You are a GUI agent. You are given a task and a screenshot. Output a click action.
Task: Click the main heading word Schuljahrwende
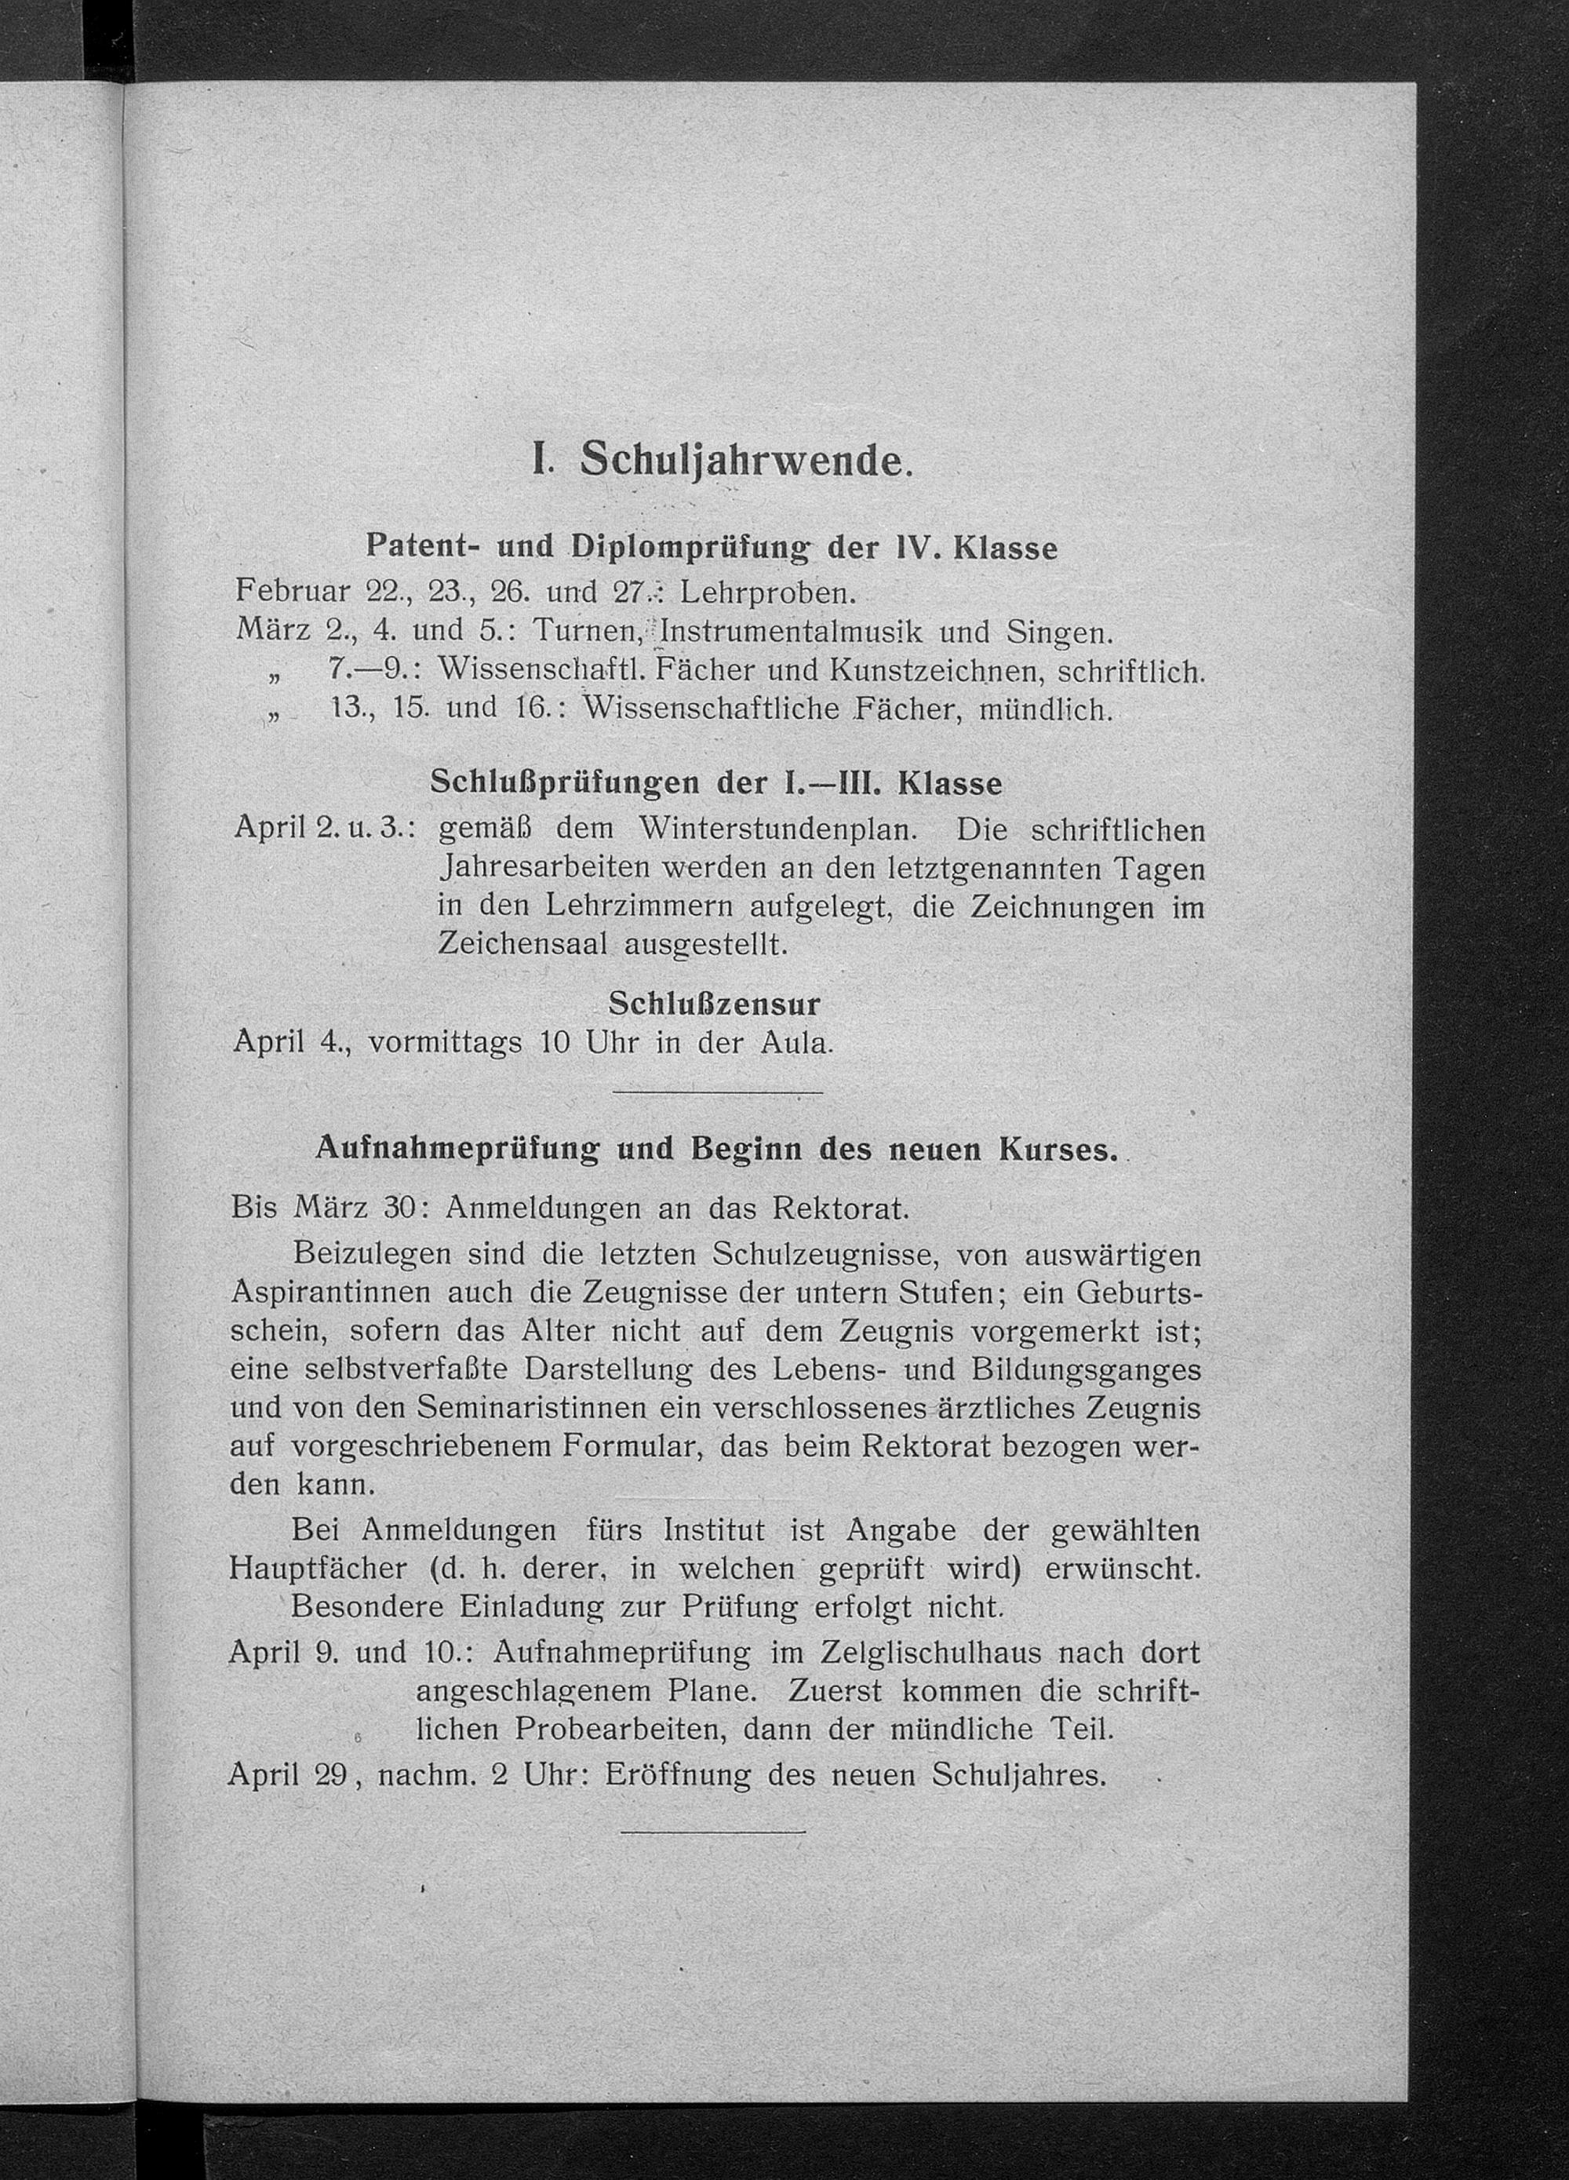click(744, 462)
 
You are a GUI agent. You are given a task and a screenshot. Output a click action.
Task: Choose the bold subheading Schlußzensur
click(715, 1004)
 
